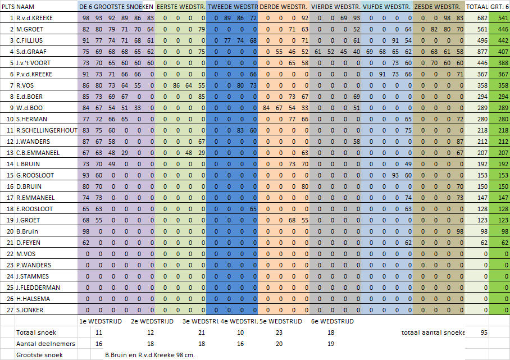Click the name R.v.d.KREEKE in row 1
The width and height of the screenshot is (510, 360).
pyautogui.click(x=34, y=18)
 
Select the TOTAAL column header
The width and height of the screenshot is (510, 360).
pyautogui.click(x=476, y=7)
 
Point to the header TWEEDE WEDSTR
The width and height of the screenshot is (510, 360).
pyautogui.click(x=232, y=7)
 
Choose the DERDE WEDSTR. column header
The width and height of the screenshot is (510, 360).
pyautogui.click(x=284, y=7)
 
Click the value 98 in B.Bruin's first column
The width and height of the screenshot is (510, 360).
pyautogui.click(x=86, y=231)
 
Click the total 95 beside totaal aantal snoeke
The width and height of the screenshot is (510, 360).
pyautogui.click(x=484, y=332)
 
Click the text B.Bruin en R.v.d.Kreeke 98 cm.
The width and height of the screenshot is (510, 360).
pyautogui.click(x=149, y=355)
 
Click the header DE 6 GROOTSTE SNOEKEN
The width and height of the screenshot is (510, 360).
pyautogui.click(x=116, y=7)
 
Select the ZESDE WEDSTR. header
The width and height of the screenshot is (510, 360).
pyautogui.click(x=438, y=7)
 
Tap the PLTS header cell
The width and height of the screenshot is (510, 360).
pyautogui.click(x=8, y=7)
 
